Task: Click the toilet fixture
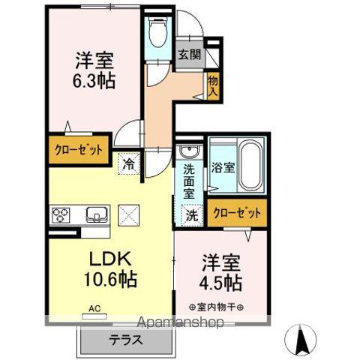(x=157, y=31)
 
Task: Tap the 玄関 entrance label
(x=190, y=54)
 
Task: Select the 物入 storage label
(x=213, y=86)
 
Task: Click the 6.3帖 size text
(x=94, y=80)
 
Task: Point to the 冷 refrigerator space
(x=129, y=163)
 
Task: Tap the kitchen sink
(x=97, y=214)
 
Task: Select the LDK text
(x=110, y=259)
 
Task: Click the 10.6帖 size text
(x=110, y=280)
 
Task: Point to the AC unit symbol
(x=94, y=316)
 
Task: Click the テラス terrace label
(x=126, y=340)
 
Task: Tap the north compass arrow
(x=301, y=340)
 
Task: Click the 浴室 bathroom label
(x=223, y=167)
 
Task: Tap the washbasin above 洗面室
(x=189, y=151)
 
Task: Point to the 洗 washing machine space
(x=192, y=216)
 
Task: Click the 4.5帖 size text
(x=220, y=283)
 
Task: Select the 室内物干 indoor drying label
(x=217, y=307)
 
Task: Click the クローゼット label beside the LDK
(x=79, y=150)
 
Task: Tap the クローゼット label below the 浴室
(x=237, y=213)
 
